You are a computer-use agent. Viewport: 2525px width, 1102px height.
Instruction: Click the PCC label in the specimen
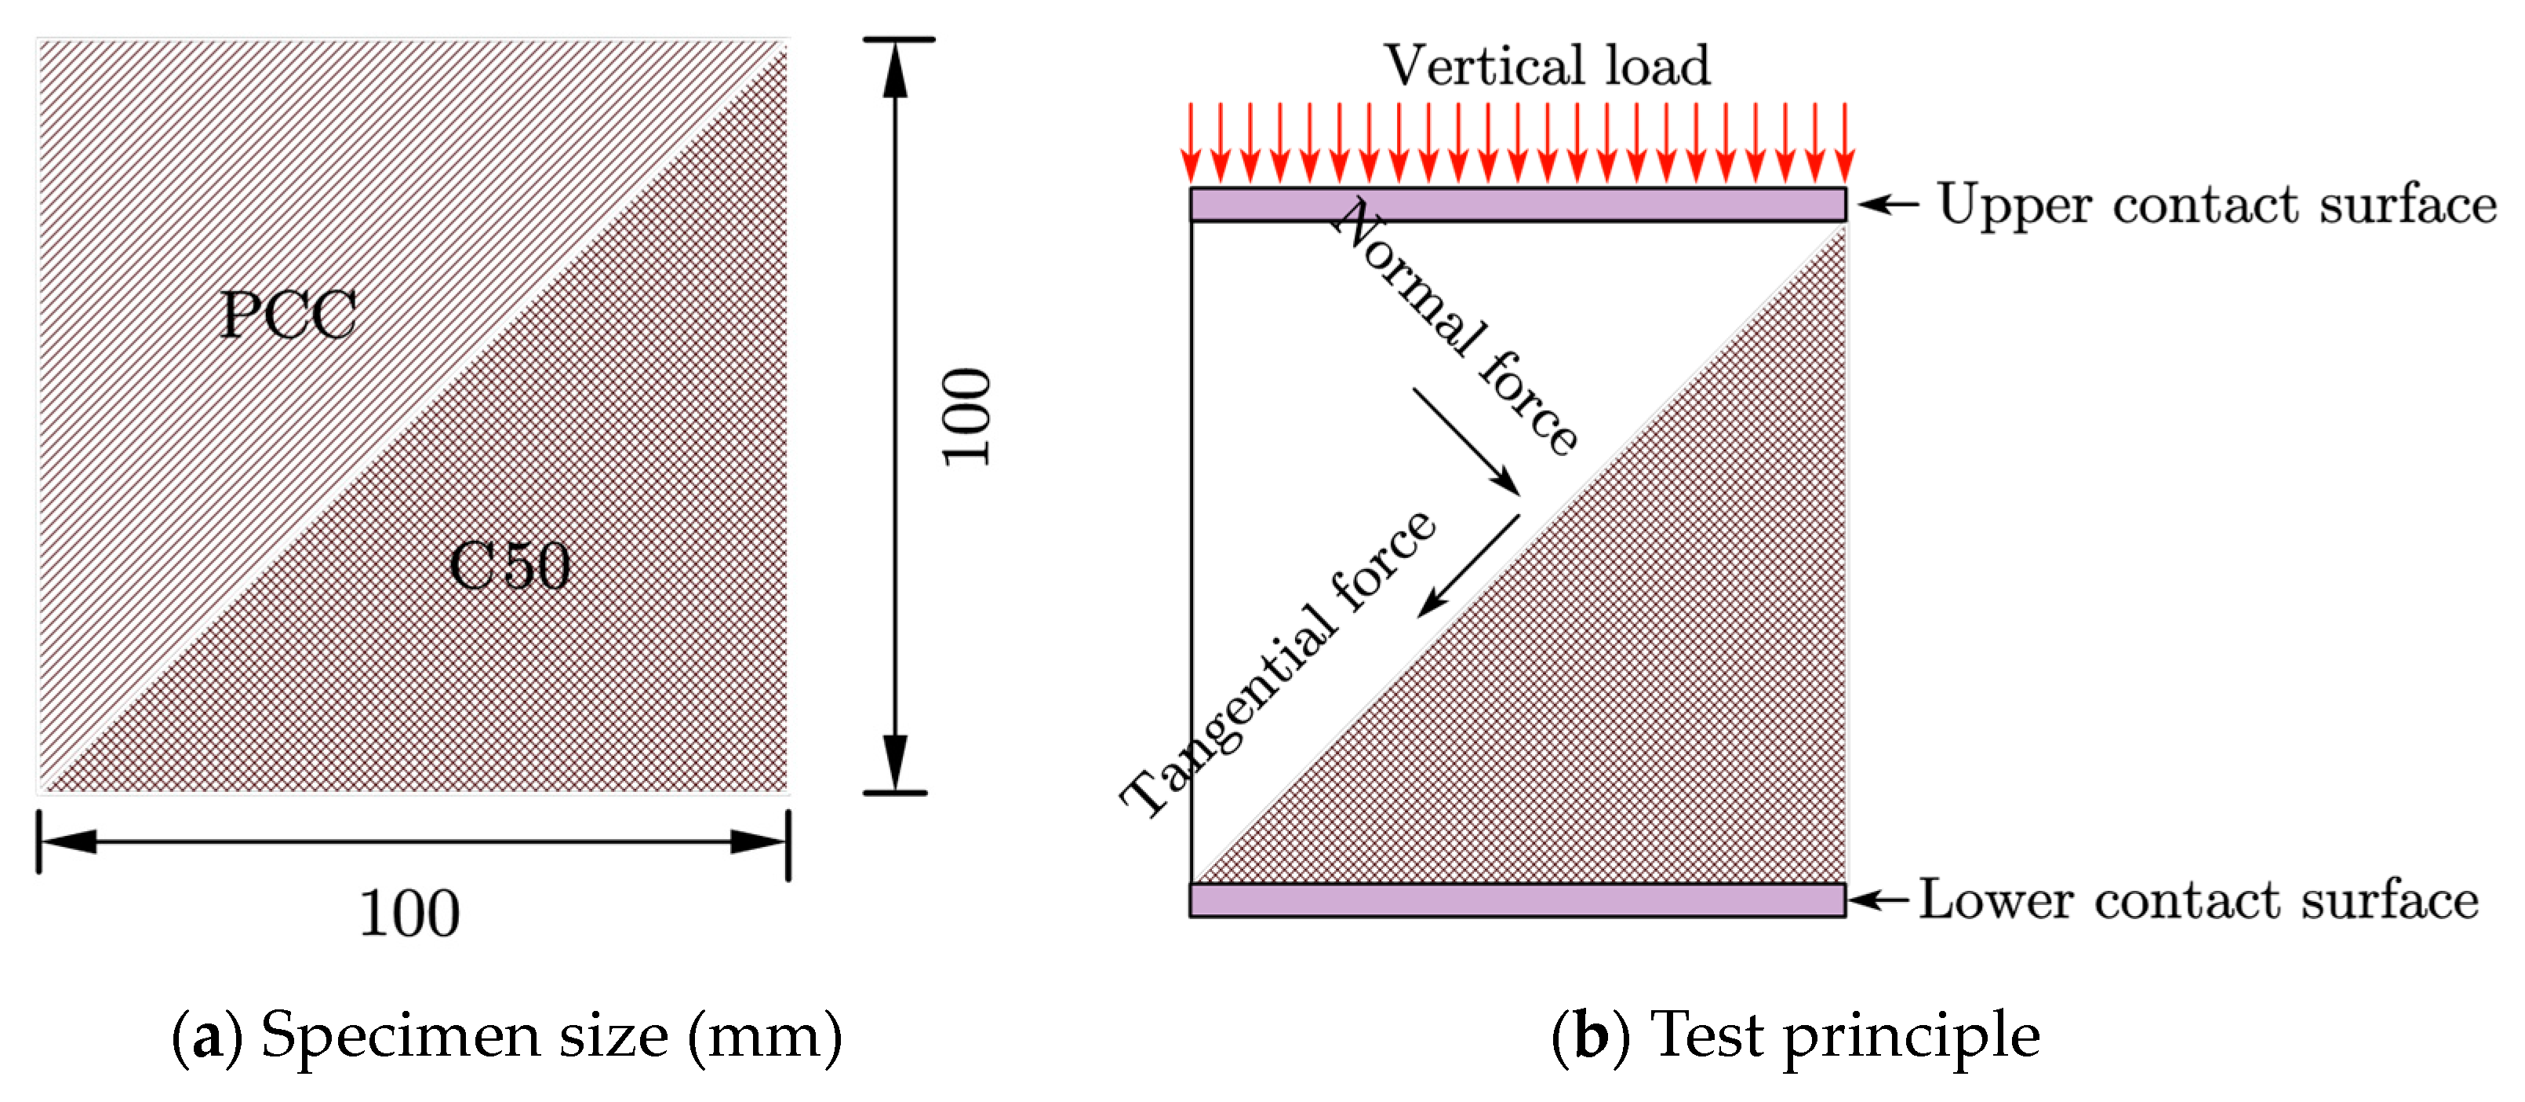pos(287,315)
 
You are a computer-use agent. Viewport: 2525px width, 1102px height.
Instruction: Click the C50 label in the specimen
pos(510,566)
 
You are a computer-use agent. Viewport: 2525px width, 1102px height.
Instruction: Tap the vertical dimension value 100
pos(966,417)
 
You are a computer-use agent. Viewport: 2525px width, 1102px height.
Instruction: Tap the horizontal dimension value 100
pos(409,914)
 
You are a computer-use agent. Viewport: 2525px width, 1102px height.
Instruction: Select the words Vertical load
pos(1546,66)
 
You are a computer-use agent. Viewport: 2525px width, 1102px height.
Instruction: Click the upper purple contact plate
pos(1516,205)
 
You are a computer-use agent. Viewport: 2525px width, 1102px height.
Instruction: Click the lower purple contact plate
pos(1516,900)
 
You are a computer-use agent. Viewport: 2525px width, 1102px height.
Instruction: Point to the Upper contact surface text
pos(2216,205)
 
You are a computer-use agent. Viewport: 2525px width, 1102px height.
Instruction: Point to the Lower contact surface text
pos(2198,900)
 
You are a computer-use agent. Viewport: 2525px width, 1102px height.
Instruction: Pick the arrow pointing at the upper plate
pos(1888,204)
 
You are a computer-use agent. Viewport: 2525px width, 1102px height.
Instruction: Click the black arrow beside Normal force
pos(1466,441)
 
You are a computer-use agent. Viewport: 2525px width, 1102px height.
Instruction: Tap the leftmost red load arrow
pos(1191,142)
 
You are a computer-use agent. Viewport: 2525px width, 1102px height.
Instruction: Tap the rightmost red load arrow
pos(1845,142)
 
